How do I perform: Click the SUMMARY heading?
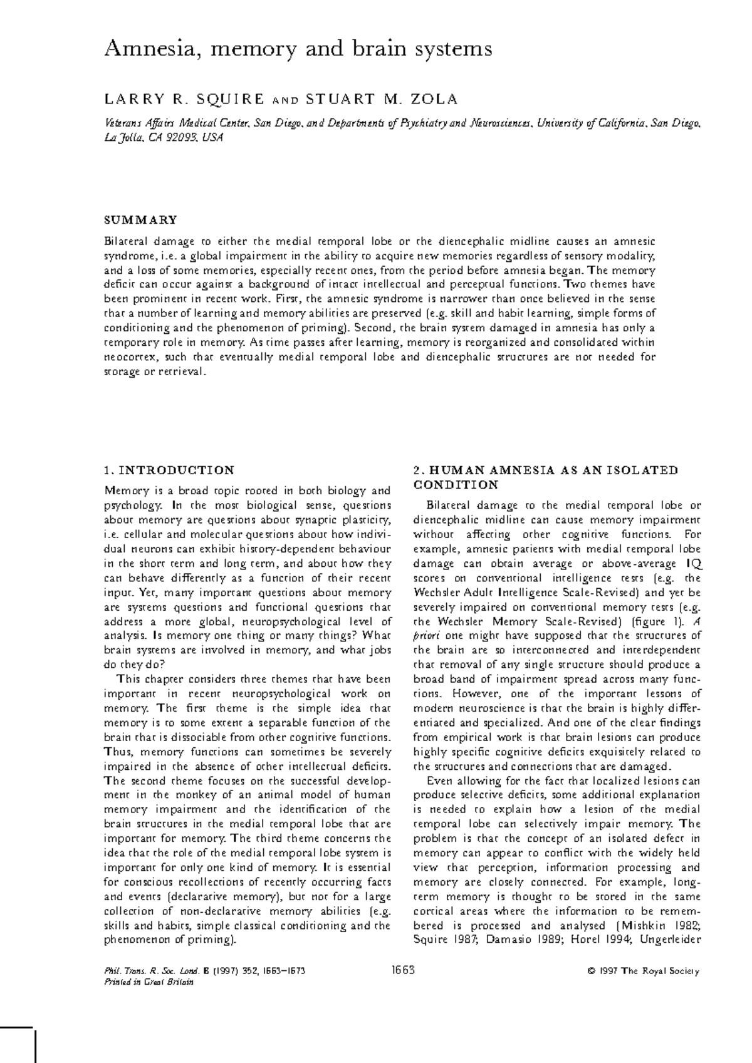point(140,220)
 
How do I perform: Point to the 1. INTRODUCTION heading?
point(169,470)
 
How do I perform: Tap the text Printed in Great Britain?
point(149,982)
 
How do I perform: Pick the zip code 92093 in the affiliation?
point(182,138)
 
